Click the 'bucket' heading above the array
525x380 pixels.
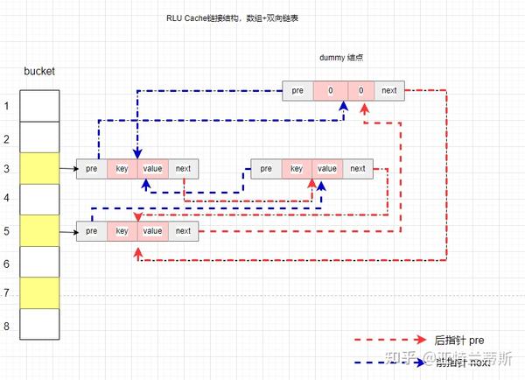(x=39, y=70)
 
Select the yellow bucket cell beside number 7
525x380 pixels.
(x=39, y=292)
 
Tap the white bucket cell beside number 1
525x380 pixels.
(x=39, y=106)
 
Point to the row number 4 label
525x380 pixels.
(x=8, y=199)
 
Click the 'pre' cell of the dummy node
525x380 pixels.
(x=298, y=90)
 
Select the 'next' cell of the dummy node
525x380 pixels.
(x=389, y=90)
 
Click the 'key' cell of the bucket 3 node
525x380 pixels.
(x=122, y=168)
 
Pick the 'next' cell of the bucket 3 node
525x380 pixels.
(x=183, y=168)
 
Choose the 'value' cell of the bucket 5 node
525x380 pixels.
(x=152, y=231)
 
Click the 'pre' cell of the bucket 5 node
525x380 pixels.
(x=91, y=231)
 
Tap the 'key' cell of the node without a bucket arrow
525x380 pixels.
(x=297, y=168)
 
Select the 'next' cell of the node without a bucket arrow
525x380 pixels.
(x=358, y=168)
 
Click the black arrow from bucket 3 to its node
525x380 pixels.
(x=68, y=167)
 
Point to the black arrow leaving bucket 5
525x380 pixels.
(x=68, y=231)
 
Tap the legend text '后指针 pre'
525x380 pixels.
(x=458, y=340)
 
